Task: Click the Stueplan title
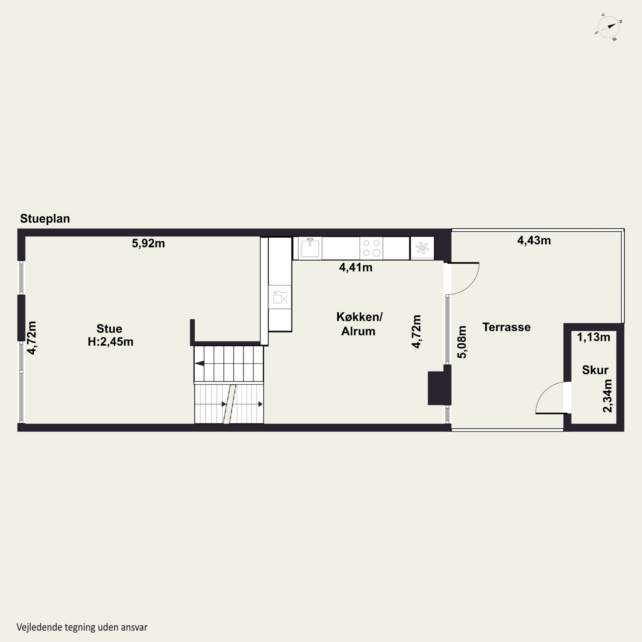tap(45, 219)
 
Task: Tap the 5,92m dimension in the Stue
tap(148, 243)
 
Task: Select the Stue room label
tap(109, 329)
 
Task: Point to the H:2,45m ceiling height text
tap(110, 342)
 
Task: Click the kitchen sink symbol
tap(310, 248)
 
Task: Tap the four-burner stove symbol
tap(371, 248)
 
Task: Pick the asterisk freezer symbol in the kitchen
tap(422, 248)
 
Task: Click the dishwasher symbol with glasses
tap(280, 297)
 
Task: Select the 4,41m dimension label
tap(355, 267)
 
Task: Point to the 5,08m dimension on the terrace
tap(462, 342)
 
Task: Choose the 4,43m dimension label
tap(534, 240)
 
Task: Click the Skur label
tap(595, 370)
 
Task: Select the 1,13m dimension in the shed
tap(593, 337)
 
